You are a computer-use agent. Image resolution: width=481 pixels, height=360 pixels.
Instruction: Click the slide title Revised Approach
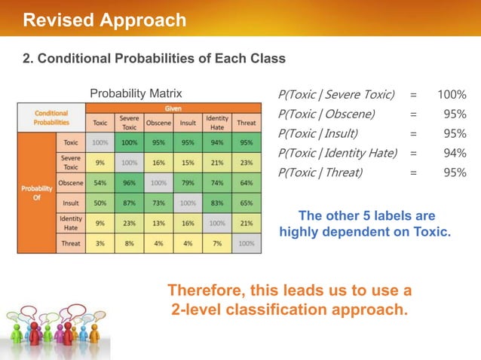point(104,20)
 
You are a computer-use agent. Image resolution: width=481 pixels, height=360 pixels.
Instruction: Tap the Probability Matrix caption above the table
point(136,94)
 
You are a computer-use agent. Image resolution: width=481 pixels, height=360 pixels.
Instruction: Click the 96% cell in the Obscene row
point(129,182)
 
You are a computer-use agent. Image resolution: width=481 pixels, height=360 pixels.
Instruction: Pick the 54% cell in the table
point(100,182)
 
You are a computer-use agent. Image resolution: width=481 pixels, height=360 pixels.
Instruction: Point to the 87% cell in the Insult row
point(129,203)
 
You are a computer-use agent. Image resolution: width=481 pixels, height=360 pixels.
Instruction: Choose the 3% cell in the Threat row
point(100,243)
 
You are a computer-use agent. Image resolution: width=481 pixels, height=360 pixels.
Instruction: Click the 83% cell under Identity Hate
point(217,203)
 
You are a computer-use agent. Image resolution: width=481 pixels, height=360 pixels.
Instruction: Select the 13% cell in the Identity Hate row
point(158,223)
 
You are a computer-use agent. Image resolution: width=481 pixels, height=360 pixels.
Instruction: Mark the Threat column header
point(246,123)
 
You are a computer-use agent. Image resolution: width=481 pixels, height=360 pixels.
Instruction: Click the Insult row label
point(70,203)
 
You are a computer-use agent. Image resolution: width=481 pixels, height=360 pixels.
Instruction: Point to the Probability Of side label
point(36,193)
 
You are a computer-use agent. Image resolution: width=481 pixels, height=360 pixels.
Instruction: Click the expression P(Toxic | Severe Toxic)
point(336,95)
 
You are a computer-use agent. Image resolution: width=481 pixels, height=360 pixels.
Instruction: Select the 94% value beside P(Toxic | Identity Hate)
point(455,153)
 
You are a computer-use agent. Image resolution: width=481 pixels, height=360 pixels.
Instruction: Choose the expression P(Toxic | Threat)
point(320,172)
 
